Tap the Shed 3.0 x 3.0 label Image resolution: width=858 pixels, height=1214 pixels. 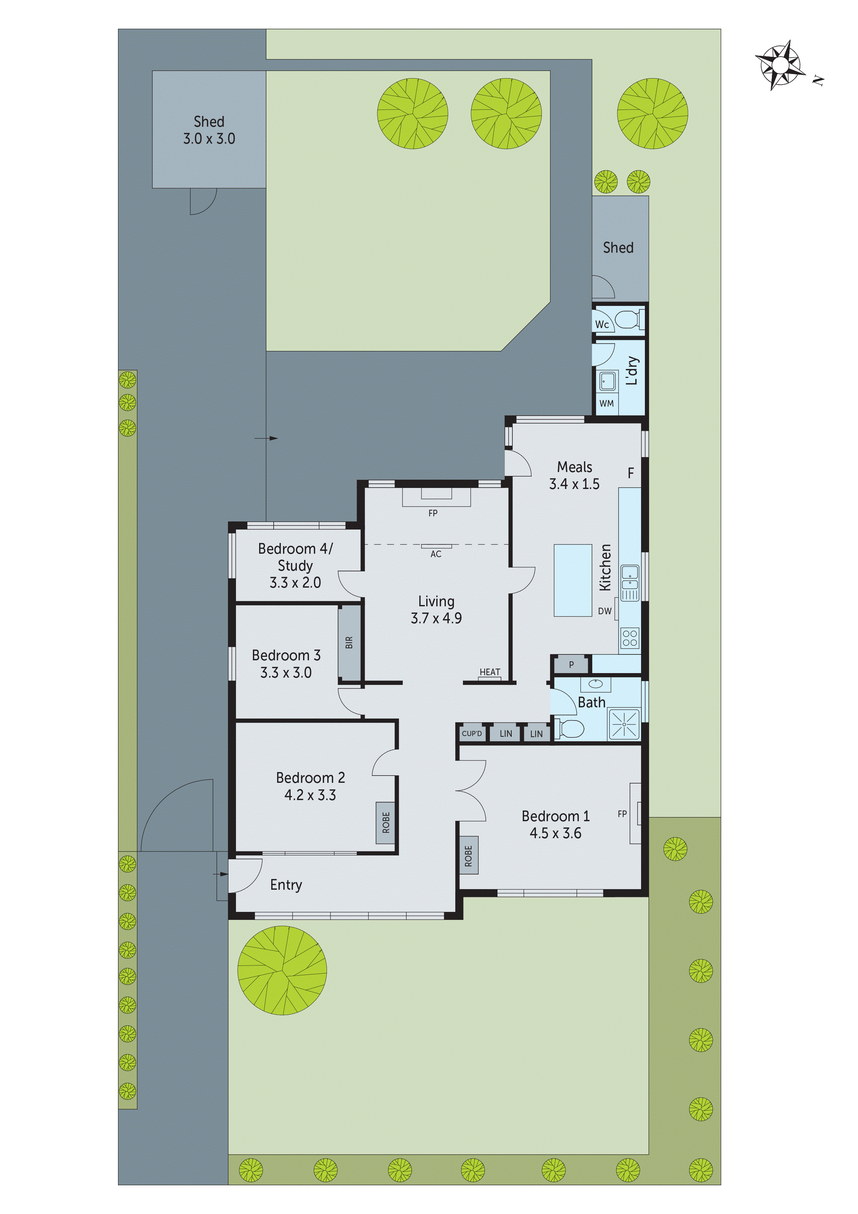(209, 130)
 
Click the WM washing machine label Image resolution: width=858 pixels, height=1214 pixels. (606, 404)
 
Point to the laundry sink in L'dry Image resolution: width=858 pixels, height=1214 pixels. (607, 381)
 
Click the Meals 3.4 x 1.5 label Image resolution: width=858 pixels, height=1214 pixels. (574, 475)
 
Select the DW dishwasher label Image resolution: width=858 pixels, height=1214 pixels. (604, 611)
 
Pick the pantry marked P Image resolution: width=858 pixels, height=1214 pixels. (571, 665)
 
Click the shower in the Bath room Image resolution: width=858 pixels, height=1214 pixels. (624, 724)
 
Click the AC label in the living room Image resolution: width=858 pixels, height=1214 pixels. (436, 554)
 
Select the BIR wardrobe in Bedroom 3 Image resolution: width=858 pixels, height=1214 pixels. (349, 643)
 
